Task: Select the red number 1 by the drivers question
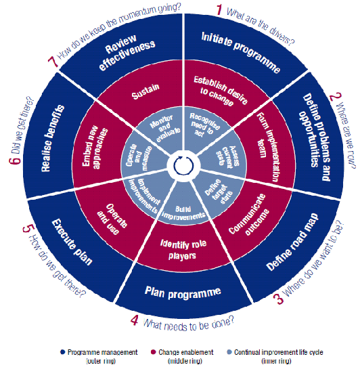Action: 219,10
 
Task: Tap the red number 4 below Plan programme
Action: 134,320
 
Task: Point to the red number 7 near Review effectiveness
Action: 53,62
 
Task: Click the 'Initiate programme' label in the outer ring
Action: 241,52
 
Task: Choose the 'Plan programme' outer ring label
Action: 183,292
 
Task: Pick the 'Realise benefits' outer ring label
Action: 52,138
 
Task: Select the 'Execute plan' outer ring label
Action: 72,242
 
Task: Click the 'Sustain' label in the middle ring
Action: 145,91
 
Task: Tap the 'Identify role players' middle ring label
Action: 183,249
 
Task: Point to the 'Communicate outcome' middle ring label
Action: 249,215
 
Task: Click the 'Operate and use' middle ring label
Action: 112,219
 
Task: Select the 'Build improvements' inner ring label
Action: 183,213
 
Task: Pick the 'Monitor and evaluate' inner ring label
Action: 164,128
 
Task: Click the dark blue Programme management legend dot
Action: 62,352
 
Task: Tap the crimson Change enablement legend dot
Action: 153,352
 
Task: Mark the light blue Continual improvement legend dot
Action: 229,352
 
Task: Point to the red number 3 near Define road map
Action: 278,299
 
